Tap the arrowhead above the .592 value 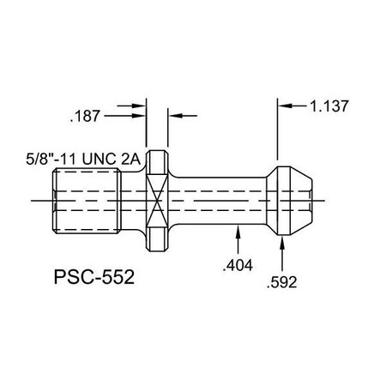click(284, 245)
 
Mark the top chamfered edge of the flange click(155, 154)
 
